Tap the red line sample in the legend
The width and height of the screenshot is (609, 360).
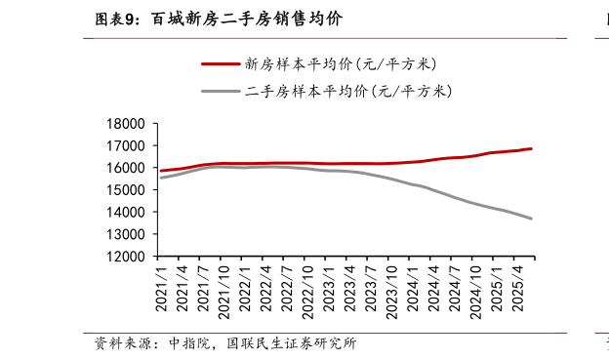[x=222, y=63]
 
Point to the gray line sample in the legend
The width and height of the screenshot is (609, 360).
[x=222, y=91]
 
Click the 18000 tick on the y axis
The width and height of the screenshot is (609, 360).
[x=127, y=124]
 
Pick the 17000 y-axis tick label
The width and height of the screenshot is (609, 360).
[x=127, y=146]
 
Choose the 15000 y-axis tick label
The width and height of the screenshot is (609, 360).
[x=127, y=190]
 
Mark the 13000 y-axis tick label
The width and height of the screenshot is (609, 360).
[x=127, y=235]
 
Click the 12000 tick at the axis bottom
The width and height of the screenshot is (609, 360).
[x=127, y=257]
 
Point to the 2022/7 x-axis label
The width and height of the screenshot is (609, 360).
[x=287, y=288]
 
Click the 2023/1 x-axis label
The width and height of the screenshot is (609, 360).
[x=328, y=288]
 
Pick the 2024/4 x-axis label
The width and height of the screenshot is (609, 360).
[x=431, y=288]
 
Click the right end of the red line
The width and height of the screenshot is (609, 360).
[x=532, y=148]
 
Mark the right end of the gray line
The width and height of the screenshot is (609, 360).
[x=532, y=219]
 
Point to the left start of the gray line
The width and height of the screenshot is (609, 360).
[x=161, y=178]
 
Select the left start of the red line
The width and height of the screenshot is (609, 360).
[x=161, y=171]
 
